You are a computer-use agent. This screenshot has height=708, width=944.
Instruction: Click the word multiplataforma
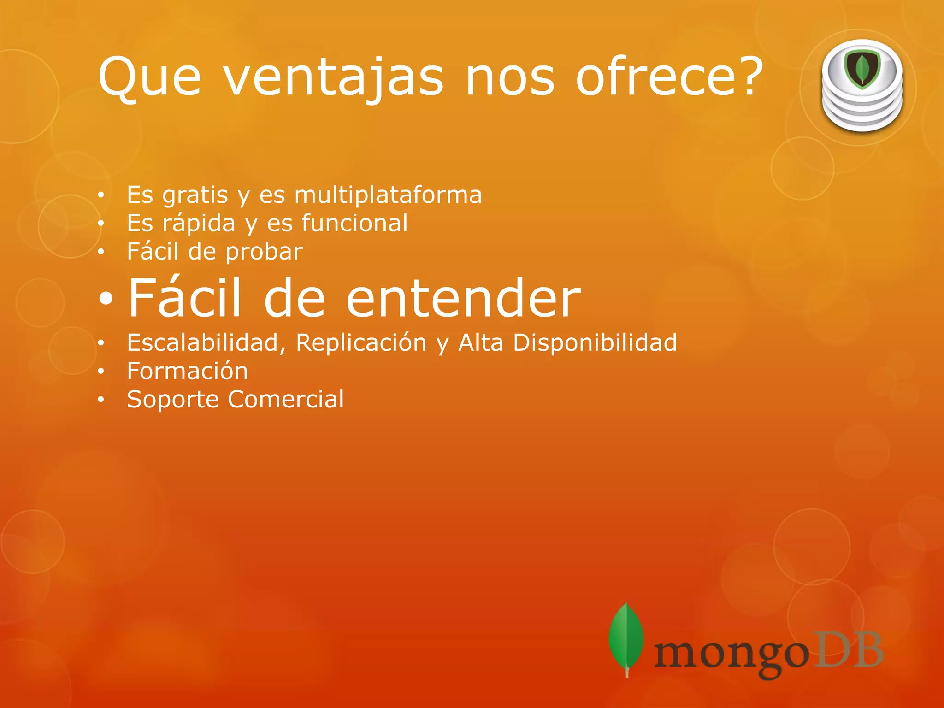pyautogui.click(x=388, y=195)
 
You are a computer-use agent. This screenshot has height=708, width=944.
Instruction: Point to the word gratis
pyautogui.click(x=195, y=195)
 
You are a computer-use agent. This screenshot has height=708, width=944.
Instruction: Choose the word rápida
pyautogui.click(x=199, y=223)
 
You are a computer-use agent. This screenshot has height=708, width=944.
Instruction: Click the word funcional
pyautogui.click(x=354, y=223)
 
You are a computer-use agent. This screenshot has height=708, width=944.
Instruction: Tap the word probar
pyautogui.click(x=264, y=252)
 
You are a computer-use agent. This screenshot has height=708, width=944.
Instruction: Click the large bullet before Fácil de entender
pyautogui.click(x=106, y=300)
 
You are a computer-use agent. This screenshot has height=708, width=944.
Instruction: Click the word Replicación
pyautogui.click(x=361, y=343)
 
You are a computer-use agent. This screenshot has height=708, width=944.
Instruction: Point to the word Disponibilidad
pyautogui.click(x=595, y=343)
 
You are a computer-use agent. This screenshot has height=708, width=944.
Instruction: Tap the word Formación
pyautogui.click(x=187, y=371)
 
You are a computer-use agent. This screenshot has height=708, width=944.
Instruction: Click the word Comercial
pyautogui.click(x=286, y=399)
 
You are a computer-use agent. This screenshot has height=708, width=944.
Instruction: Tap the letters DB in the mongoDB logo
pyautogui.click(x=847, y=650)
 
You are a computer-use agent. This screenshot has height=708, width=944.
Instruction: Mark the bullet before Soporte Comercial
pyautogui.click(x=101, y=400)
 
